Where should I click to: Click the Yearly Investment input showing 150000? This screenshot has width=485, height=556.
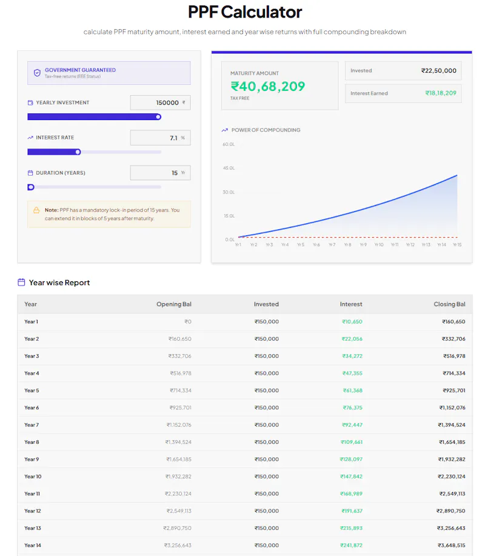tap(160, 102)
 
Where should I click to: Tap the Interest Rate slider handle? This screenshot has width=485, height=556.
tap(78, 152)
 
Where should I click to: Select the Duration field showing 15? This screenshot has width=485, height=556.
tap(160, 173)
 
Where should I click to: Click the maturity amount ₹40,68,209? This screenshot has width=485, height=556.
tap(268, 86)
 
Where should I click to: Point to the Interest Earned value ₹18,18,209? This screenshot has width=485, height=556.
tap(441, 93)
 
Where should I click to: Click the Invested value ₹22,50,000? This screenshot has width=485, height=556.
tap(438, 70)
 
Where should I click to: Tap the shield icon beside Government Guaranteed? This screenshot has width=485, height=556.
tap(37, 73)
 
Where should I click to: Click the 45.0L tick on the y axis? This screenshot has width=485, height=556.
tap(229, 168)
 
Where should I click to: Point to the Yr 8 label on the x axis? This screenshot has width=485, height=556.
tap(347, 245)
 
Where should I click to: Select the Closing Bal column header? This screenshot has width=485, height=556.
tap(449, 304)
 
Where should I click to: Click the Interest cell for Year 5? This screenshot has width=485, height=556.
tap(352, 390)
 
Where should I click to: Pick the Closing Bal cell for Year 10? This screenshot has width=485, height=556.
tap(451, 477)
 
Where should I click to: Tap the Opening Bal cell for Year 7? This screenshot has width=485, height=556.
tap(179, 425)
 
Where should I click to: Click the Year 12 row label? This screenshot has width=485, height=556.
tap(33, 511)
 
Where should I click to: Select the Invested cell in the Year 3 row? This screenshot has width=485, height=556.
tap(267, 356)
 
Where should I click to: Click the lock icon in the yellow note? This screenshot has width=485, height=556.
tap(36, 210)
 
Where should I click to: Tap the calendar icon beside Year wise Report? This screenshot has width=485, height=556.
tap(21, 283)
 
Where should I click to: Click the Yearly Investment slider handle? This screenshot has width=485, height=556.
tap(158, 117)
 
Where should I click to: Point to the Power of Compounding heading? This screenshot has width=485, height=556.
tap(266, 130)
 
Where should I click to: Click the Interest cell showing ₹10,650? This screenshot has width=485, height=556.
tap(352, 321)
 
